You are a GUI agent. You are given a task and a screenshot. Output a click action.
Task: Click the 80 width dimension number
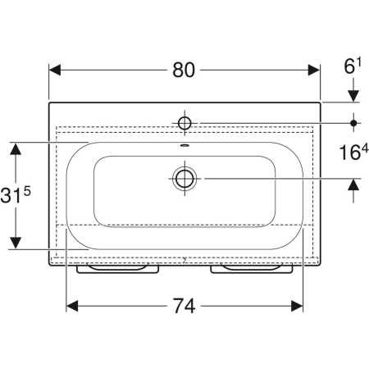184,70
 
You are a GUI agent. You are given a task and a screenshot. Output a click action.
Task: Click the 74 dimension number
184,306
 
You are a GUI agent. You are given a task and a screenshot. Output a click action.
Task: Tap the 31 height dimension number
11,195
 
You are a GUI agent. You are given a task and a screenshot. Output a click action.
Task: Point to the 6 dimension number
349,67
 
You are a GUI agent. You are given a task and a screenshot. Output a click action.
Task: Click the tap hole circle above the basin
184,123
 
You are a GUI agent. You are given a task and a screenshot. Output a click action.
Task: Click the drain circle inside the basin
184,179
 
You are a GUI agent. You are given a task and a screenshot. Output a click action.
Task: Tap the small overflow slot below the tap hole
184,145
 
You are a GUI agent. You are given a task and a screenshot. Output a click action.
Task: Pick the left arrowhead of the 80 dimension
55,70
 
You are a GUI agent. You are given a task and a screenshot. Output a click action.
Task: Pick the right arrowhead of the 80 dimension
314,70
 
